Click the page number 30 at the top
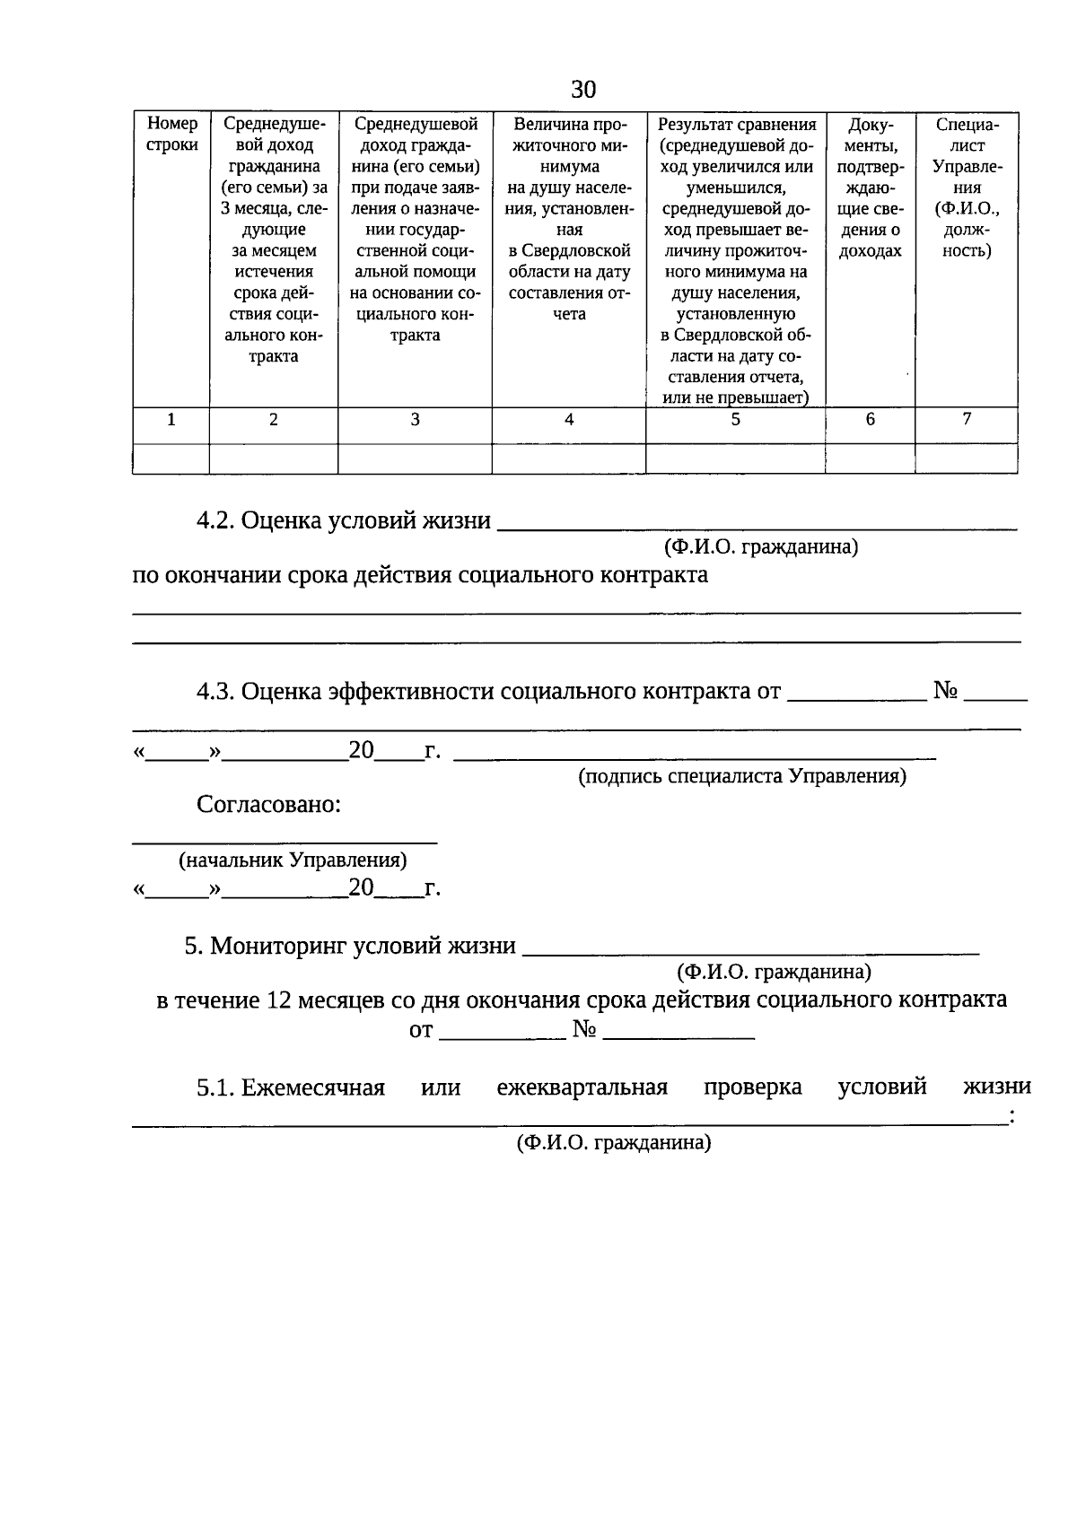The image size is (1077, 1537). [x=582, y=90]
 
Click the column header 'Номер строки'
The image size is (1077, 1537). [x=171, y=135]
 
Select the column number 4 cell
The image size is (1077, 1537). [x=569, y=419]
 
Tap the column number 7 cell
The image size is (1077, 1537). [x=967, y=418]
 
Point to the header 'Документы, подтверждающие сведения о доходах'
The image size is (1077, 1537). [x=870, y=188]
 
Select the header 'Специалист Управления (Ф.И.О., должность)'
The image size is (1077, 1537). [x=967, y=188]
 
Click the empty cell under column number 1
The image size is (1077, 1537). [x=171, y=458]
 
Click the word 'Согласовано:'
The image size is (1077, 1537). [x=268, y=804]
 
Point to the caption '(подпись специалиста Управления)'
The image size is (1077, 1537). [x=741, y=776]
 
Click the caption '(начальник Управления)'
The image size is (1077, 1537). [x=293, y=860]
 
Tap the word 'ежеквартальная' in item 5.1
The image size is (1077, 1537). [x=582, y=1087]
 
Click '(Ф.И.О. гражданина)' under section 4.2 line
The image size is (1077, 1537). [x=761, y=546]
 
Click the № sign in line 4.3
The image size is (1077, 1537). [x=946, y=691]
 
